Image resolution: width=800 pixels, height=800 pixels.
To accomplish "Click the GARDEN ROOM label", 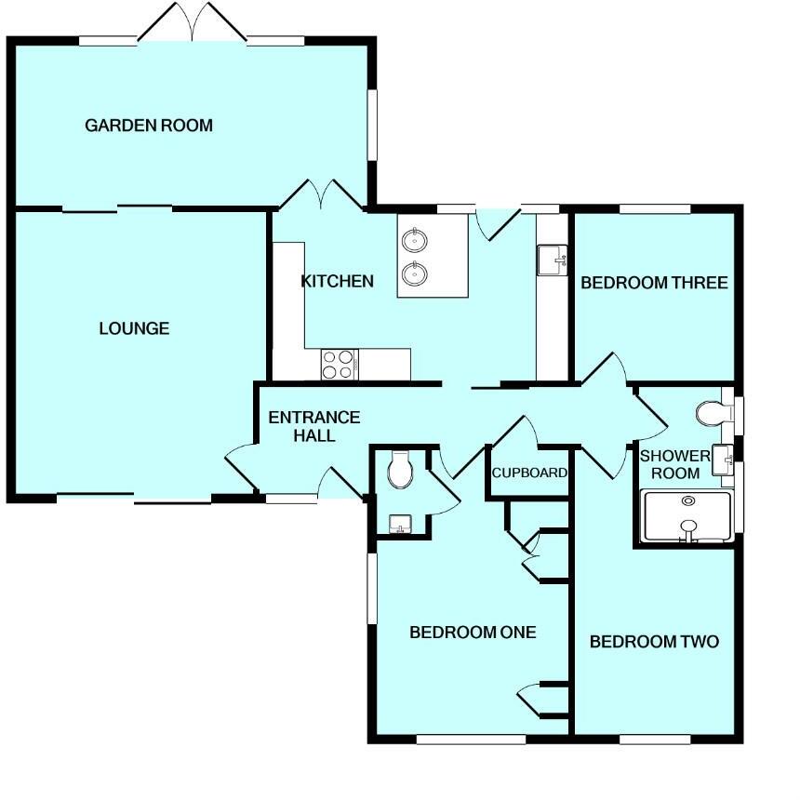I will tap(149, 125).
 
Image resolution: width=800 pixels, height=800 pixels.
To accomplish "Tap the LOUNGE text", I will tap(135, 328).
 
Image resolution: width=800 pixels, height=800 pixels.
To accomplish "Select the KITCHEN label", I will tap(337, 281).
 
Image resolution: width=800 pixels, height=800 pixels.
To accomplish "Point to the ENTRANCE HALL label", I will tap(313, 426).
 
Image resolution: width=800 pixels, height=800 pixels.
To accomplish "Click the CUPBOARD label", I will tap(529, 473).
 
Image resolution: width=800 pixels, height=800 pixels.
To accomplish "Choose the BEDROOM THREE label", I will tap(654, 283).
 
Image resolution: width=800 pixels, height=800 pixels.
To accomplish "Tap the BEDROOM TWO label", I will tap(654, 642).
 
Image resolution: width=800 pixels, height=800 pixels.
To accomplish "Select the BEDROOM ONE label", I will tap(473, 633).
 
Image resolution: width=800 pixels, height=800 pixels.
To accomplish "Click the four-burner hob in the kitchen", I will tap(338, 363).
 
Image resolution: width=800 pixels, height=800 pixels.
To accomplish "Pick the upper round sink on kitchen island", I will tap(415, 241).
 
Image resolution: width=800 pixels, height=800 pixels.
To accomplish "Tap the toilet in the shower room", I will tap(711, 412).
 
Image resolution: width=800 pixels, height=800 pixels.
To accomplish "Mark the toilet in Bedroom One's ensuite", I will tap(401, 470).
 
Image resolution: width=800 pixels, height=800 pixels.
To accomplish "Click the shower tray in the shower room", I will tap(687, 516).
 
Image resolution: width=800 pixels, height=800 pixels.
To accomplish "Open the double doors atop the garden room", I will tap(193, 23).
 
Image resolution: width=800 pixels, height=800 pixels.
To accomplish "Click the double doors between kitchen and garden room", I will tap(322, 193).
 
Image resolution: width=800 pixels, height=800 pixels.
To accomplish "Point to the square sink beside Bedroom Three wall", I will tap(552, 260).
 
